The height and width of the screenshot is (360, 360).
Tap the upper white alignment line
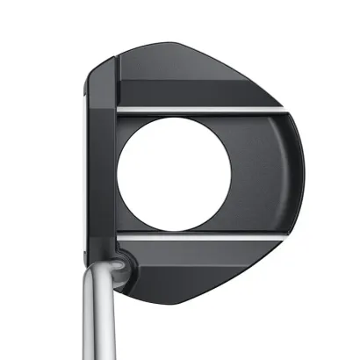193,110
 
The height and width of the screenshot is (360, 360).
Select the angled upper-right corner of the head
255,75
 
